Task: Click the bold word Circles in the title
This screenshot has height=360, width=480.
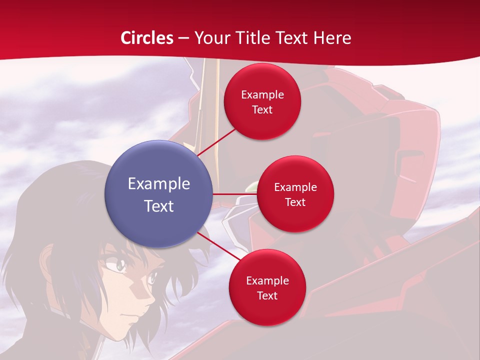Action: point(147,38)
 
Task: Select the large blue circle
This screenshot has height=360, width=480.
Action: point(158,194)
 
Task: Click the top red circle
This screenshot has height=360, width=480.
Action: point(262,101)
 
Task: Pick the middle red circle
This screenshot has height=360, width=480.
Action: point(295,194)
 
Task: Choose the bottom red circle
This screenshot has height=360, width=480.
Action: point(267,287)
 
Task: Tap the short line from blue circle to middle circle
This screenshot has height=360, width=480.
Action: point(234,193)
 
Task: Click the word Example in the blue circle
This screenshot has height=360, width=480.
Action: point(158,184)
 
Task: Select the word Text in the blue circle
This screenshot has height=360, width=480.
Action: point(158,206)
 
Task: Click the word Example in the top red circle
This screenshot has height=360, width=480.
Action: point(262,94)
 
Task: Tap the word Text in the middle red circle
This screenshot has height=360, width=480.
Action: point(295,202)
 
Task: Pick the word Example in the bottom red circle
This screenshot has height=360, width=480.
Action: point(267,280)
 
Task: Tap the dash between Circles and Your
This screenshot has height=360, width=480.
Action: point(183,38)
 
